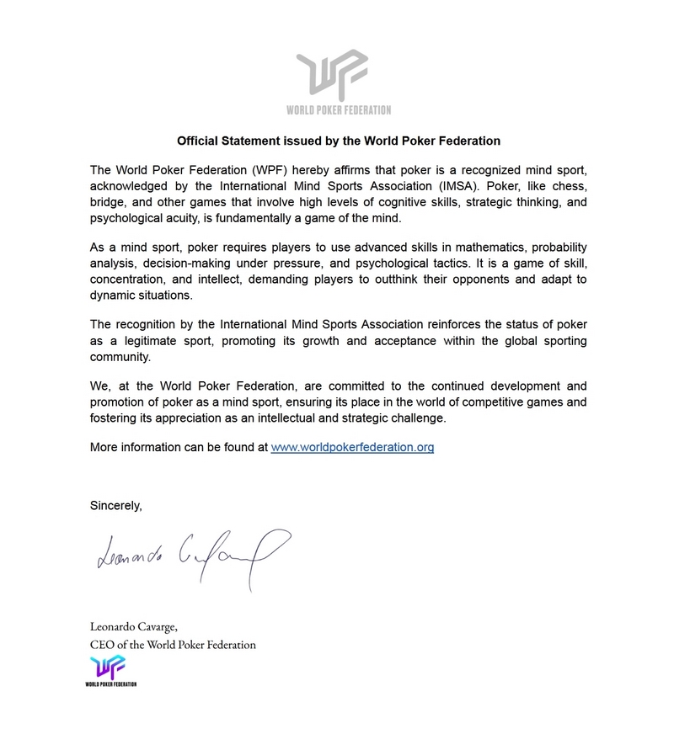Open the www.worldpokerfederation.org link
point(352,447)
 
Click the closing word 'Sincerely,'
point(116,506)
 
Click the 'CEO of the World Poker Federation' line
point(173,645)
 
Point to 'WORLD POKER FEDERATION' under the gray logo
point(339,110)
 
